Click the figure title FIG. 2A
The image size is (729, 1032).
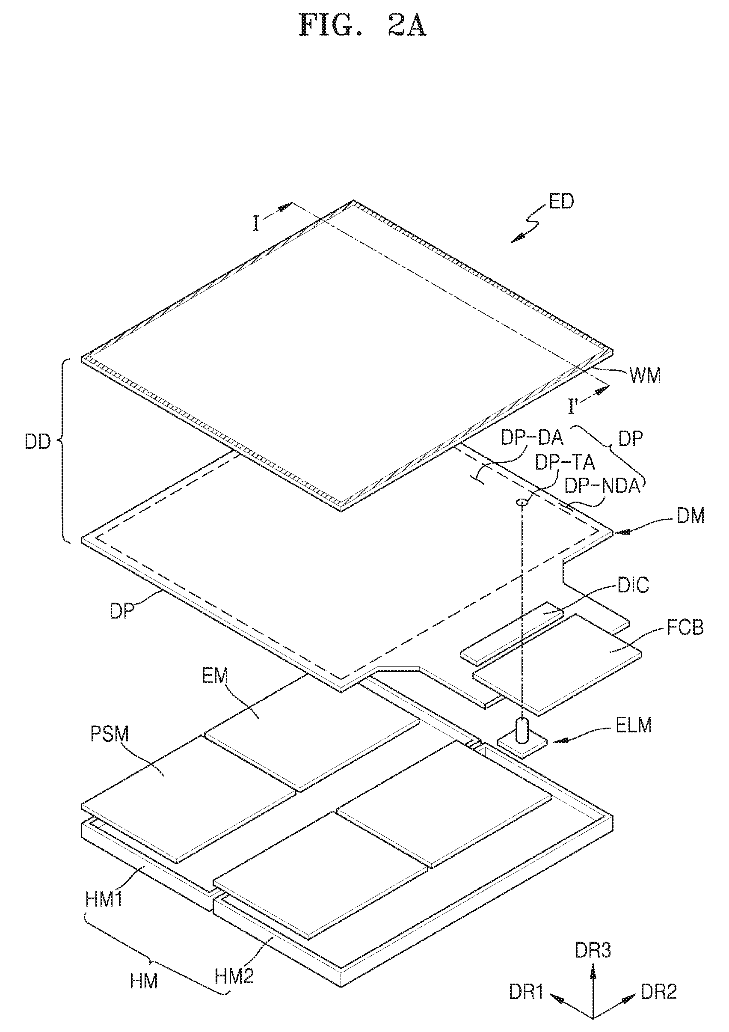point(362,26)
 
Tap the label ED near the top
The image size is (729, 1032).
point(561,201)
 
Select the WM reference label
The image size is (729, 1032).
point(645,375)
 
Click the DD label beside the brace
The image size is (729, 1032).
point(38,442)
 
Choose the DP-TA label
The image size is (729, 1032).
point(565,463)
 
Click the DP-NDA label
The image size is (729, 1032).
point(602,486)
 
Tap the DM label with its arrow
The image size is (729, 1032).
point(691,516)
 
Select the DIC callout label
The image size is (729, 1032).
point(633,585)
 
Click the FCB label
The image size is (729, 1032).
point(685,628)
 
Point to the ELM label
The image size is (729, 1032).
point(633,726)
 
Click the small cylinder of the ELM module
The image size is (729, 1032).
point(522,729)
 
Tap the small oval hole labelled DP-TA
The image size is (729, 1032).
point(522,502)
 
